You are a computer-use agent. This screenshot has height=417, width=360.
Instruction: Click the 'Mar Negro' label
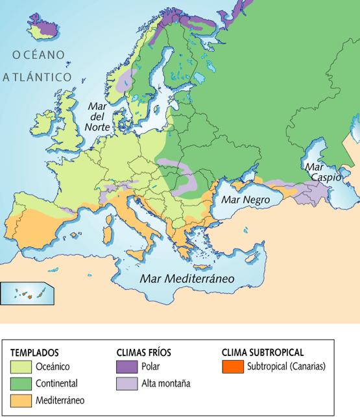[245, 200]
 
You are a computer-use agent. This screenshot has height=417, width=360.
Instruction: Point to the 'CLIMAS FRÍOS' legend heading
[143, 353]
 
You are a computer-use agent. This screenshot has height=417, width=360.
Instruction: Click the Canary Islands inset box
[27, 294]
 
